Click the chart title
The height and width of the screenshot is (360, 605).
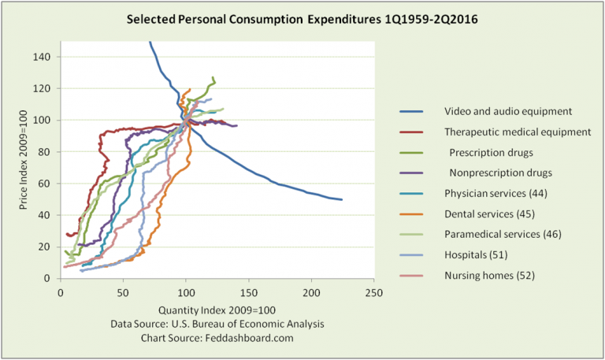click(x=302, y=18)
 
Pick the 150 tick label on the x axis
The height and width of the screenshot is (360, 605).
click(x=248, y=293)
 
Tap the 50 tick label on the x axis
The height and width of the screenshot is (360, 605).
click(x=123, y=293)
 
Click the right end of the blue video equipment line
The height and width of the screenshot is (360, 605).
click(x=342, y=199)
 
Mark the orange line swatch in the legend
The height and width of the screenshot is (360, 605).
click(x=411, y=213)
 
